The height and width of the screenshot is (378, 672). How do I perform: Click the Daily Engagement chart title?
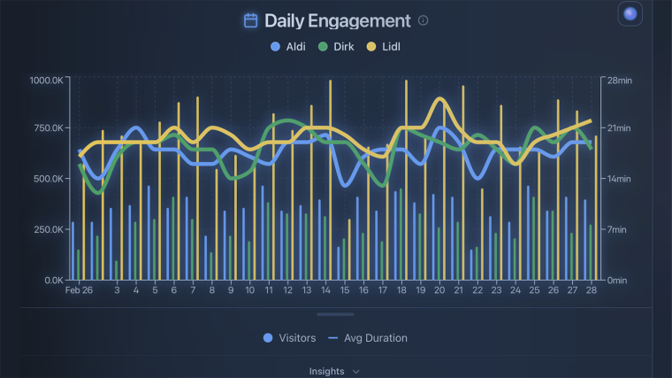click(337, 20)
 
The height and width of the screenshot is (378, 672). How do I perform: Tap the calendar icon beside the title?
click(251, 20)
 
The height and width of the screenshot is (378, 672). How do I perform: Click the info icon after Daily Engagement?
click(423, 20)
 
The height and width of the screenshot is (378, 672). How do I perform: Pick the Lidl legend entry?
click(384, 46)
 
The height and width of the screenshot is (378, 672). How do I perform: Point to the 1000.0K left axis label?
click(45, 81)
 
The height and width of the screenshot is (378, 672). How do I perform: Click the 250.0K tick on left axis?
click(48, 229)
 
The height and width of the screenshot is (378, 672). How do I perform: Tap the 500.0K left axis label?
click(48, 179)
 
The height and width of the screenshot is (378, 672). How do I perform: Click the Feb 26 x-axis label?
click(79, 290)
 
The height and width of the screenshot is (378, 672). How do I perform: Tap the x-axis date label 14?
click(325, 290)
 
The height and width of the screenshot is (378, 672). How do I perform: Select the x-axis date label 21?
click(458, 290)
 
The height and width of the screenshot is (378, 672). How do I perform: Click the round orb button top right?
click(630, 13)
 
